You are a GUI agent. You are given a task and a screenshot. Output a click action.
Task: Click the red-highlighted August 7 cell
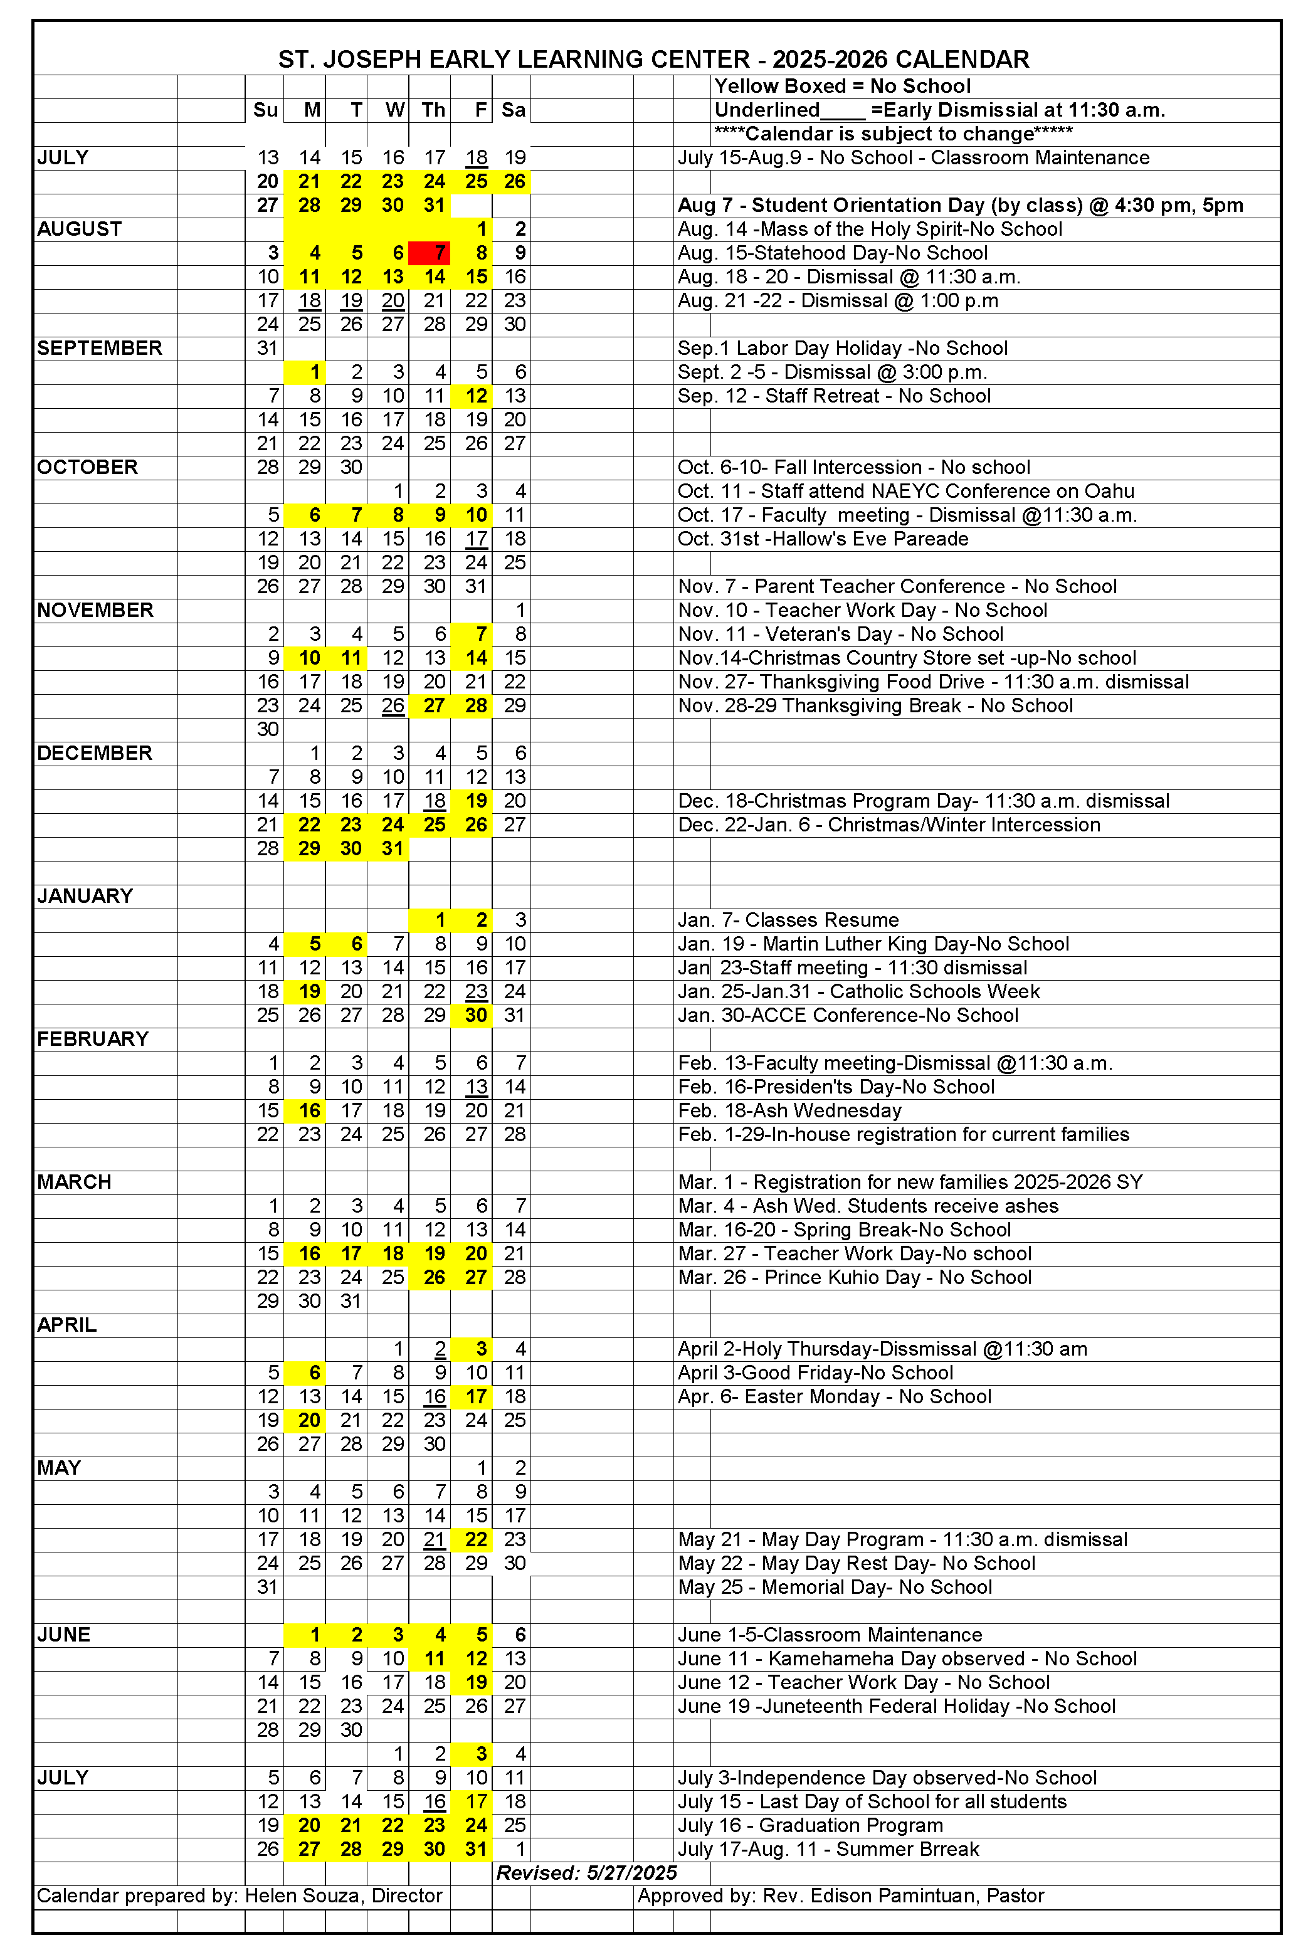coord(430,253)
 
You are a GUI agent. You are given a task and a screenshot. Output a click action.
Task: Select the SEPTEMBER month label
coord(100,349)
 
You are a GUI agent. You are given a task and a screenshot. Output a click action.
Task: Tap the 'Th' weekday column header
coord(433,110)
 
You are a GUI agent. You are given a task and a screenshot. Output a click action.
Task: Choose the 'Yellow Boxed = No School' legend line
coord(841,87)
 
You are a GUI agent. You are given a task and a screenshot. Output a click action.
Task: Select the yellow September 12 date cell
coord(472,396)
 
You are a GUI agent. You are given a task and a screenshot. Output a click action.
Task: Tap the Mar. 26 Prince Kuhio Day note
coord(854,1278)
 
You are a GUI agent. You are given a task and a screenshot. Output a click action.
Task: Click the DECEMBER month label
coord(95,754)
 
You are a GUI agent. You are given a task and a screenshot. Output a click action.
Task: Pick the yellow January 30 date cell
coord(472,1016)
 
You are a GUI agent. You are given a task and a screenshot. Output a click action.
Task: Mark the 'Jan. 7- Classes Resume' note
coord(788,920)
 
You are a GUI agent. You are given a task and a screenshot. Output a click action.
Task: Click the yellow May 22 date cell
coord(472,1540)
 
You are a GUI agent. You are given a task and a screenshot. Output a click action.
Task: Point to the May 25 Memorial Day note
coord(834,1588)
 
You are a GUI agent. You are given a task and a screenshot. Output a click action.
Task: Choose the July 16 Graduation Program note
coord(809,1826)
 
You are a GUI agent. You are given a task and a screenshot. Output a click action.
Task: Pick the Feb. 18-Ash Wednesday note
coord(789,1111)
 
